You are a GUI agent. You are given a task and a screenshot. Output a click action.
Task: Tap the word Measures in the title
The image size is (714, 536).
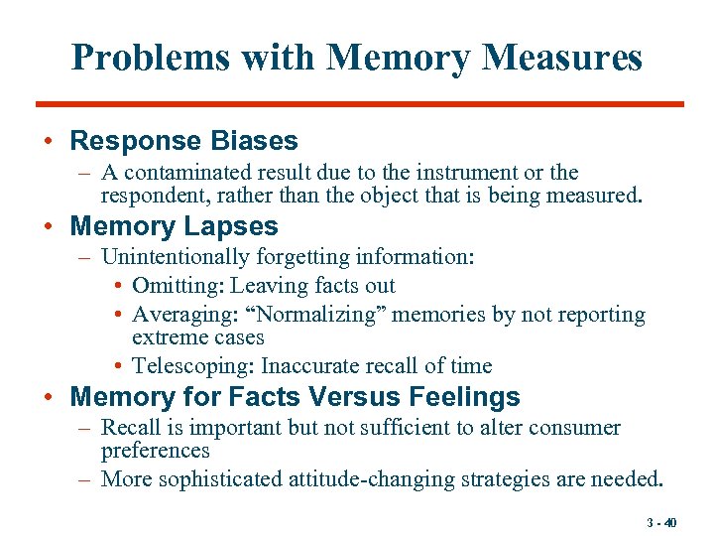point(562,58)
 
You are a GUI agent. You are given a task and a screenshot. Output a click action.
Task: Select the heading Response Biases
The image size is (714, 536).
point(183,141)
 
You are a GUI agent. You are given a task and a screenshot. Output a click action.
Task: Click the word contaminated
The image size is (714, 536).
point(186,173)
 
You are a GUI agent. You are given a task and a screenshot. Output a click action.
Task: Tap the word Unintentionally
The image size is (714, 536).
point(176,258)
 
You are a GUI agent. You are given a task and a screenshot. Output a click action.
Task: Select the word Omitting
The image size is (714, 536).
point(178,287)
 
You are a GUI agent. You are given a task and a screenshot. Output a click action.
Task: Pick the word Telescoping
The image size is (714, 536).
point(192,365)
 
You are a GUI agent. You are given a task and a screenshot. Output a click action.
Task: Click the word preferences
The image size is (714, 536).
point(156,451)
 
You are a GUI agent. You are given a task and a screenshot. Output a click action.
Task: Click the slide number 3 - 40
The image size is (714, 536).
point(660,523)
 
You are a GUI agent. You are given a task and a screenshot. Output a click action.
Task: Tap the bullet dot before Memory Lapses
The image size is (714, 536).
point(49,227)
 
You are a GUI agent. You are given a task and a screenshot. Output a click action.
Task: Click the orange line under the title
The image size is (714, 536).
point(359,103)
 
